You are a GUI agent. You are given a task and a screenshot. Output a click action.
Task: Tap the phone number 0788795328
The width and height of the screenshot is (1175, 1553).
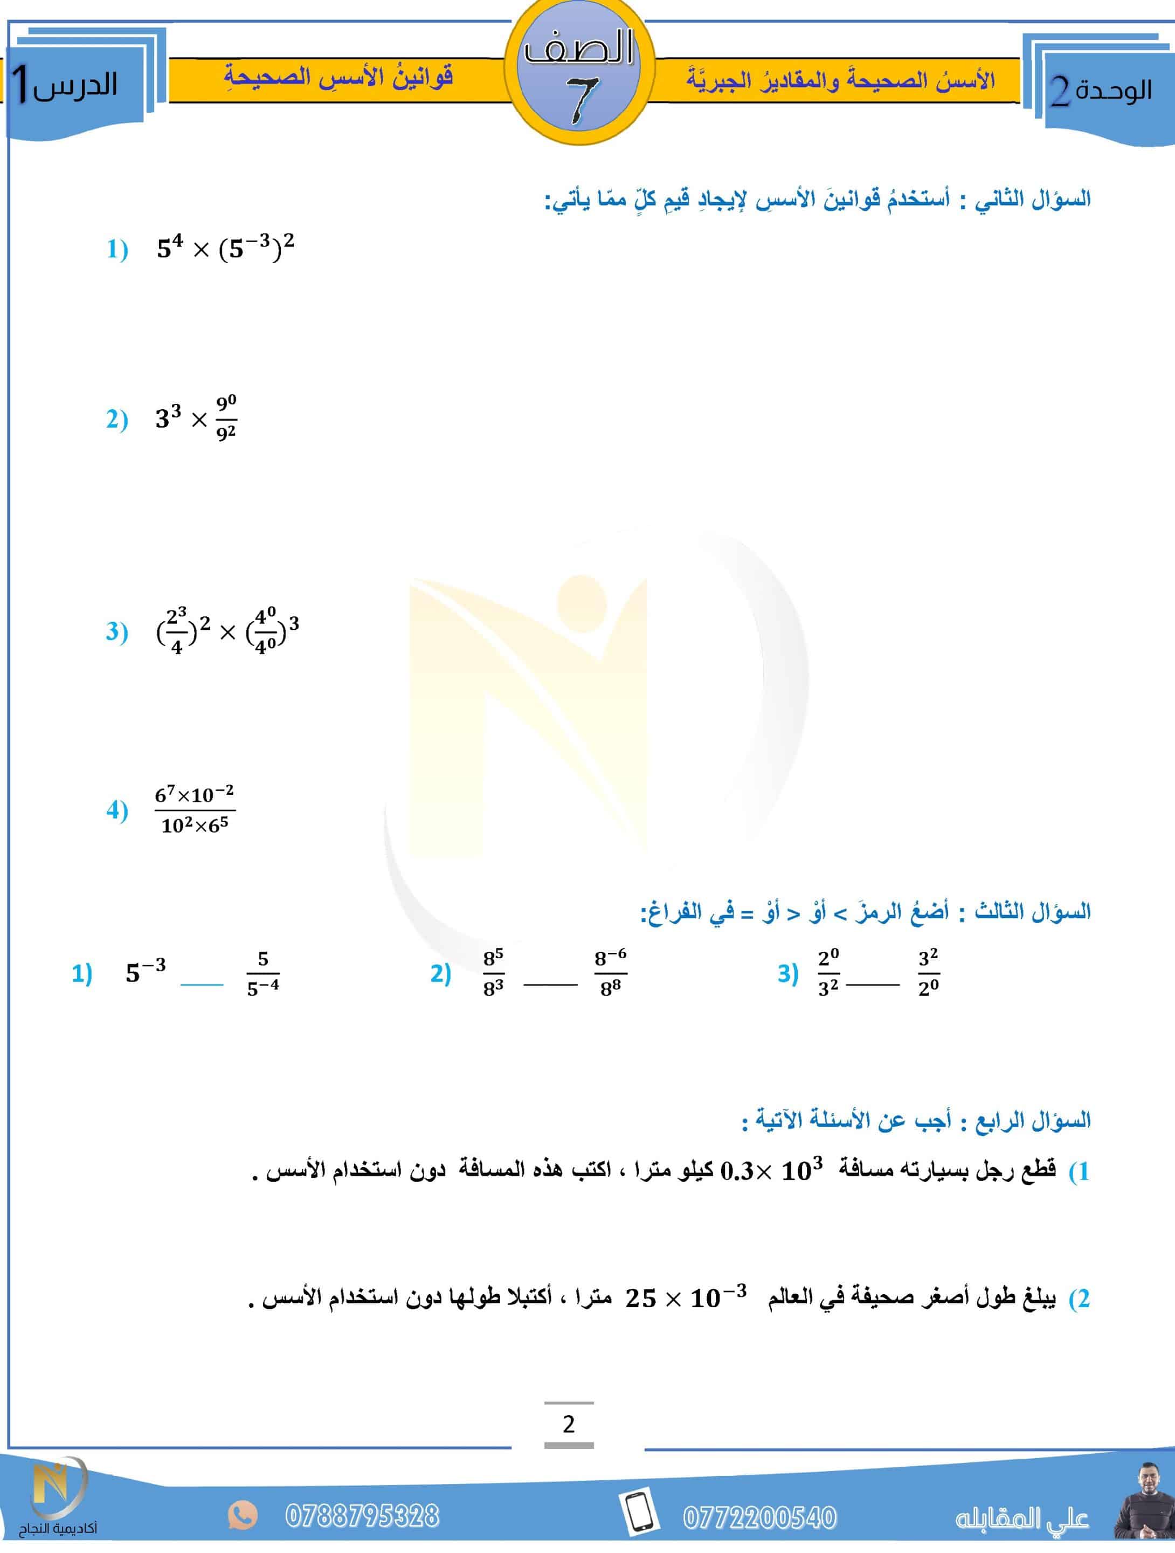(362, 1516)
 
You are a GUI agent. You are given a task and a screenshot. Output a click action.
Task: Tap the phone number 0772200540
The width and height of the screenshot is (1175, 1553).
(759, 1517)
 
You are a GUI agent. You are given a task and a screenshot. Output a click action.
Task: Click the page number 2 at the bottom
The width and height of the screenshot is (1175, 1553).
(569, 1424)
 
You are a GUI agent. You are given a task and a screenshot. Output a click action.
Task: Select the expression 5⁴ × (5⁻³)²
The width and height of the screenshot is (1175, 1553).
(225, 248)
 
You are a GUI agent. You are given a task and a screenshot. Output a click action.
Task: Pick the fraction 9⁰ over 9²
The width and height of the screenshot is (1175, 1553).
(226, 418)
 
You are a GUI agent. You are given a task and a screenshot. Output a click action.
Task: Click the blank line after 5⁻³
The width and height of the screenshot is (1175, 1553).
(202, 984)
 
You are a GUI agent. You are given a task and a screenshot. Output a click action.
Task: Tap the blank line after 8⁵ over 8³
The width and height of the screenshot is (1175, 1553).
(550, 984)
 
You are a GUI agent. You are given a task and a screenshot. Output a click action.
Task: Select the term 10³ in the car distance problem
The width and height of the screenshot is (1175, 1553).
(801, 1170)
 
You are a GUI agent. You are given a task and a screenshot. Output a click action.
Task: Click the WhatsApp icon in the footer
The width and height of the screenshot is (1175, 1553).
(242, 1515)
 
